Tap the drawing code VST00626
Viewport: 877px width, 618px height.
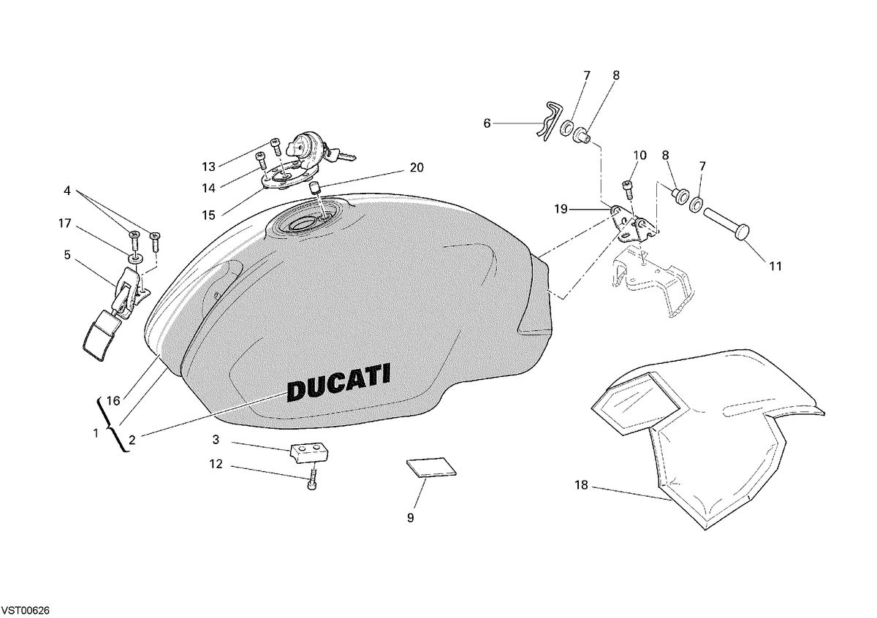(26, 611)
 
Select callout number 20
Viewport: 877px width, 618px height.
(417, 167)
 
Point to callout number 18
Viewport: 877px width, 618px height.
(582, 485)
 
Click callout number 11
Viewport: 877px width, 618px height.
(775, 266)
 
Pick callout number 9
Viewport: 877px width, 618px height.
(410, 518)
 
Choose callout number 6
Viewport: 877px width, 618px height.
(487, 123)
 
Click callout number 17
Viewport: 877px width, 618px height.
(65, 223)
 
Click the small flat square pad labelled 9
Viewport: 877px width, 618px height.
(431, 468)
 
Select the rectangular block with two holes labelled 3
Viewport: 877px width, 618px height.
(309, 453)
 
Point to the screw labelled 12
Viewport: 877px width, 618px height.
(312, 479)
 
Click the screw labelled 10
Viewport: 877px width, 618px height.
(627, 189)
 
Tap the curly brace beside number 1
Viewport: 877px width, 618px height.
(112, 424)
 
